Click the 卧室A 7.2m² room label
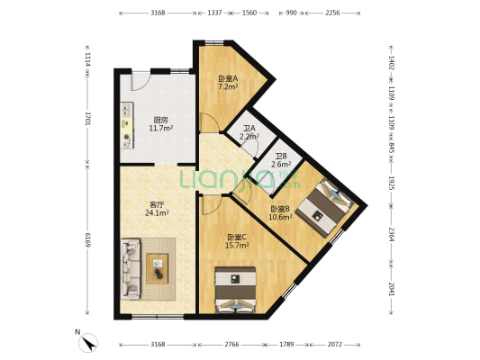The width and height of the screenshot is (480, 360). tap(228, 83)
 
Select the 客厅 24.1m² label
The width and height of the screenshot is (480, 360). tap(158, 209)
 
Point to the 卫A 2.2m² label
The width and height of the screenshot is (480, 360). tap(249, 132)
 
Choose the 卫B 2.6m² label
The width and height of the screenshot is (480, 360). tap(281, 160)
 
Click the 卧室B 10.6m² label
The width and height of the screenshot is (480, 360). tap(281, 212)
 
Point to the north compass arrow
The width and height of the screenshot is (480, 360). tap(89, 342)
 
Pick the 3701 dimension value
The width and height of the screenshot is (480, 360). tap(88, 118)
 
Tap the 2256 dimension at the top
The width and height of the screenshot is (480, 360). tap(332, 13)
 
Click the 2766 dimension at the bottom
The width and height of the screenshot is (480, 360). tap(231, 344)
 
